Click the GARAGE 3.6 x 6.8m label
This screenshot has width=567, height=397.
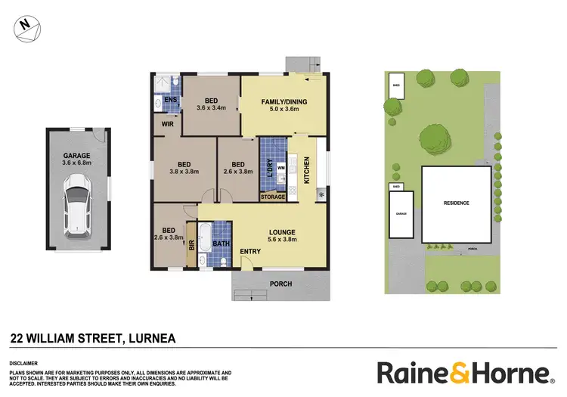click(x=78, y=158)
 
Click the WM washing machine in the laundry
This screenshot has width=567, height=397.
click(x=280, y=167)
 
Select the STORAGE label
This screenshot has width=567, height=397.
click(x=273, y=197)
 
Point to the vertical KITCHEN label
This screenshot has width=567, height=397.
click(x=307, y=170)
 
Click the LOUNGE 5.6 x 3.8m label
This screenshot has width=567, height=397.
click(x=281, y=236)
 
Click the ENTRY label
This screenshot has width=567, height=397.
click(x=251, y=251)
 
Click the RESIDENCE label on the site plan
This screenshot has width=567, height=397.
click(x=456, y=203)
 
